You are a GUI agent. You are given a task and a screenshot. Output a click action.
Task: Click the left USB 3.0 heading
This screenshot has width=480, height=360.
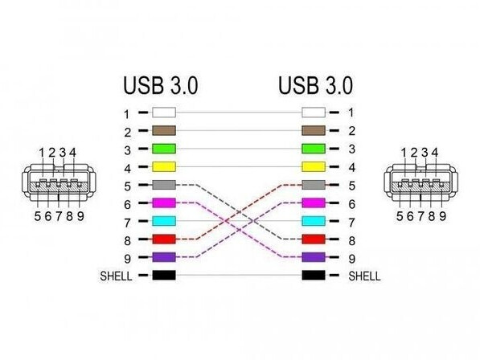(x=161, y=86)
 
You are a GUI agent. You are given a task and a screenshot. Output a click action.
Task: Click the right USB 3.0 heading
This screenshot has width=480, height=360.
(x=316, y=86)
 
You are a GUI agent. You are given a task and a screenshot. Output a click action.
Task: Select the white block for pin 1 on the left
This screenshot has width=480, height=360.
(x=164, y=112)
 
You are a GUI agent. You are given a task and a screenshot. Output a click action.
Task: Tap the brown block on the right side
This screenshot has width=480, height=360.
(x=314, y=130)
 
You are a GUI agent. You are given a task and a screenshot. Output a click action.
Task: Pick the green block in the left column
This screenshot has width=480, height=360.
(x=164, y=149)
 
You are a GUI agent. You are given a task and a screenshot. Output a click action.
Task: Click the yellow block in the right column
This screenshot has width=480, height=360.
(x=314, y=166)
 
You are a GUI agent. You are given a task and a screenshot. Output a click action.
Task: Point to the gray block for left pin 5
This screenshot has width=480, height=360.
(x=164, y=185)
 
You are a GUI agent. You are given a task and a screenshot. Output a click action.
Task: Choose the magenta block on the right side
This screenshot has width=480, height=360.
(x=314, y=202)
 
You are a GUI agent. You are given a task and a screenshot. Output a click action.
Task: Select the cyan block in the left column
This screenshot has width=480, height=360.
(x=164, y=221)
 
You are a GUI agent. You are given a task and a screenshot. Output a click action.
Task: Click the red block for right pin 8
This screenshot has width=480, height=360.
(x=314, y=239)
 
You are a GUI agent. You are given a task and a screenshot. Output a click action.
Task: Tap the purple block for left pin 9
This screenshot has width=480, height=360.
(x=164, y=257)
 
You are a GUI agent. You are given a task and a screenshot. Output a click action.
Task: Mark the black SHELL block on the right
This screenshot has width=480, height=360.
(x=314, y=276)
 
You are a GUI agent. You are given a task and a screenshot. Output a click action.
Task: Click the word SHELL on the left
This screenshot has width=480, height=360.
(x=116, y=276)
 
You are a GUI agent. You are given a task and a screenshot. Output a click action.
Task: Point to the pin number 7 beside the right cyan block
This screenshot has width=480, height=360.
(x=351, y=223)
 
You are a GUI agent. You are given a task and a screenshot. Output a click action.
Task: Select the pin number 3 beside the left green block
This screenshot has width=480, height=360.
(x=127, y=150)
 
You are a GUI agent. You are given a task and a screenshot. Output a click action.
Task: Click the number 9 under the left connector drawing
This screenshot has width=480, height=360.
(x=80, y=216)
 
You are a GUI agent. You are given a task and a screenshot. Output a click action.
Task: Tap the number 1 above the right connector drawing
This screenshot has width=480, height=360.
(x=404, y=153)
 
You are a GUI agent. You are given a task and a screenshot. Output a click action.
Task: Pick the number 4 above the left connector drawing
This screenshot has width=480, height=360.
(x=72, y=153)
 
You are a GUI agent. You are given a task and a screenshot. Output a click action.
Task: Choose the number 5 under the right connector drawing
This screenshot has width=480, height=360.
(x=400, y=216)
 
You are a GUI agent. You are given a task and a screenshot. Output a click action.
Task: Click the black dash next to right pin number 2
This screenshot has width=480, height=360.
(x=334, y=131)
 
